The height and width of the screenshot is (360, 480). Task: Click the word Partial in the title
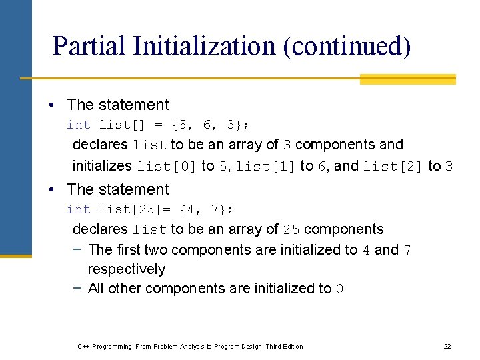tap(88, 46)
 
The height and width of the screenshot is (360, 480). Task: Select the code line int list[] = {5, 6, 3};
tap(158, 125)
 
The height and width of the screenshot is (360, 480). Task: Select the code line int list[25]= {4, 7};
tap(150, 209)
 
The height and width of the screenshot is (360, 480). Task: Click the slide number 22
tap(447, 346)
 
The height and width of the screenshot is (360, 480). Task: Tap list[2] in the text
tap(393, 166)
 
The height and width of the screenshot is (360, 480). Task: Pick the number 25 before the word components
tap(291, 230)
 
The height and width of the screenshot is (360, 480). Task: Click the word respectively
tap(127, 269)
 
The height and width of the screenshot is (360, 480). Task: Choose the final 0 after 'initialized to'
tap(339, 289)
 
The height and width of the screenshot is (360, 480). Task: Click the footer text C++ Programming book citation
tap(190, 346)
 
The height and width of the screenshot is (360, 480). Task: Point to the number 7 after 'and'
tap(407, 251)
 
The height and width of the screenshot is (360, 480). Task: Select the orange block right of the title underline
tap(407, 79)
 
